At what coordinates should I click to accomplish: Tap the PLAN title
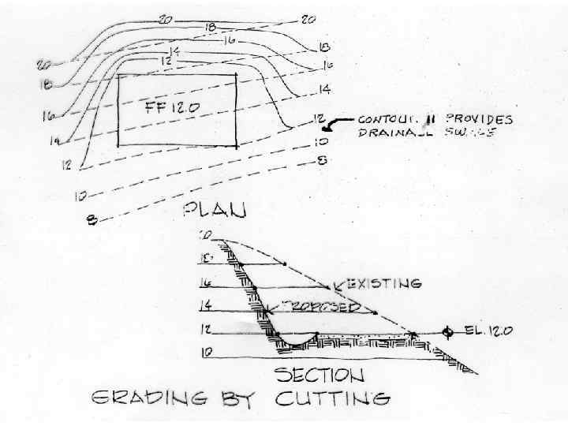[215, 210]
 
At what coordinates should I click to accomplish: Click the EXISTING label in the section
[383, 282]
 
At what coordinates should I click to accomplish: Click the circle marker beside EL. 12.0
[447, 331]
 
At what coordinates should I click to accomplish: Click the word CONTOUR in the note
[387, 120]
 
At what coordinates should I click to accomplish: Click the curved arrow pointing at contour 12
[339, 123]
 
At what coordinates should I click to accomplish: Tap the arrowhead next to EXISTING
[337, 283]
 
